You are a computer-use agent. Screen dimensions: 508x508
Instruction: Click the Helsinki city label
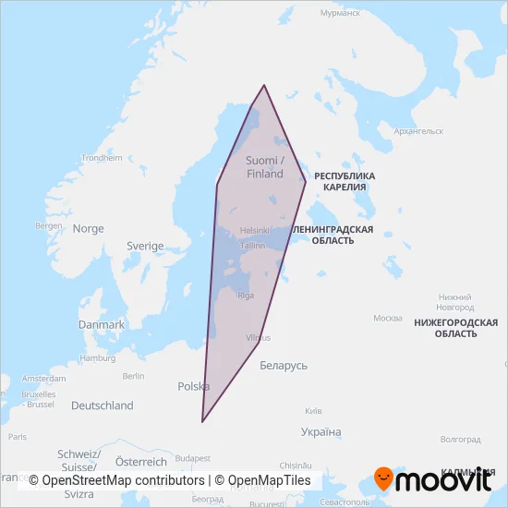point(254,230)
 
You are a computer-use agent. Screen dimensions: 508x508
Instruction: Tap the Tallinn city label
point(252,247)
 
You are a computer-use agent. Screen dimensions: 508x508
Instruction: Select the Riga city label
point(246,296)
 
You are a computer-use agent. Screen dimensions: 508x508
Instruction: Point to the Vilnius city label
point(259,339)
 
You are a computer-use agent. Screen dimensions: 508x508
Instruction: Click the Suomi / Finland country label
point(265,166)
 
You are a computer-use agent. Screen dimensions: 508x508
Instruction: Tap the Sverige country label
point(145,247)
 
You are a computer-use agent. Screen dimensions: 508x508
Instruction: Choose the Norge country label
point(89,229)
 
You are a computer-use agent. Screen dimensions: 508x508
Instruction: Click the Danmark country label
point(102,325)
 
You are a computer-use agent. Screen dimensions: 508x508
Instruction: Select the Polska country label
point(193,386)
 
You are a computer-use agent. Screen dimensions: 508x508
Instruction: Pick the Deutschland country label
point(103,405)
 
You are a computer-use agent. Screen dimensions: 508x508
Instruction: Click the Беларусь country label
point(284,366)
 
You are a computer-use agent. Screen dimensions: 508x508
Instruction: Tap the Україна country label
point(321,432)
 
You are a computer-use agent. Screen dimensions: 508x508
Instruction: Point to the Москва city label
point(386,319)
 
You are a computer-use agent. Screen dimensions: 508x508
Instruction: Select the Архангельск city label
point(418,131)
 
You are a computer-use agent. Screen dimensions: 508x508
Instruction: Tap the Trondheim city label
point(102,158)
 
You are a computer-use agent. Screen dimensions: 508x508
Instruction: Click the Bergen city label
point(48,225)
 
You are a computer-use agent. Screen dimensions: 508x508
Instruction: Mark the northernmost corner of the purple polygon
point(264,85)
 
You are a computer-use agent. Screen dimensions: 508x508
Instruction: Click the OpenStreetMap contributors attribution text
point(123,480)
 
